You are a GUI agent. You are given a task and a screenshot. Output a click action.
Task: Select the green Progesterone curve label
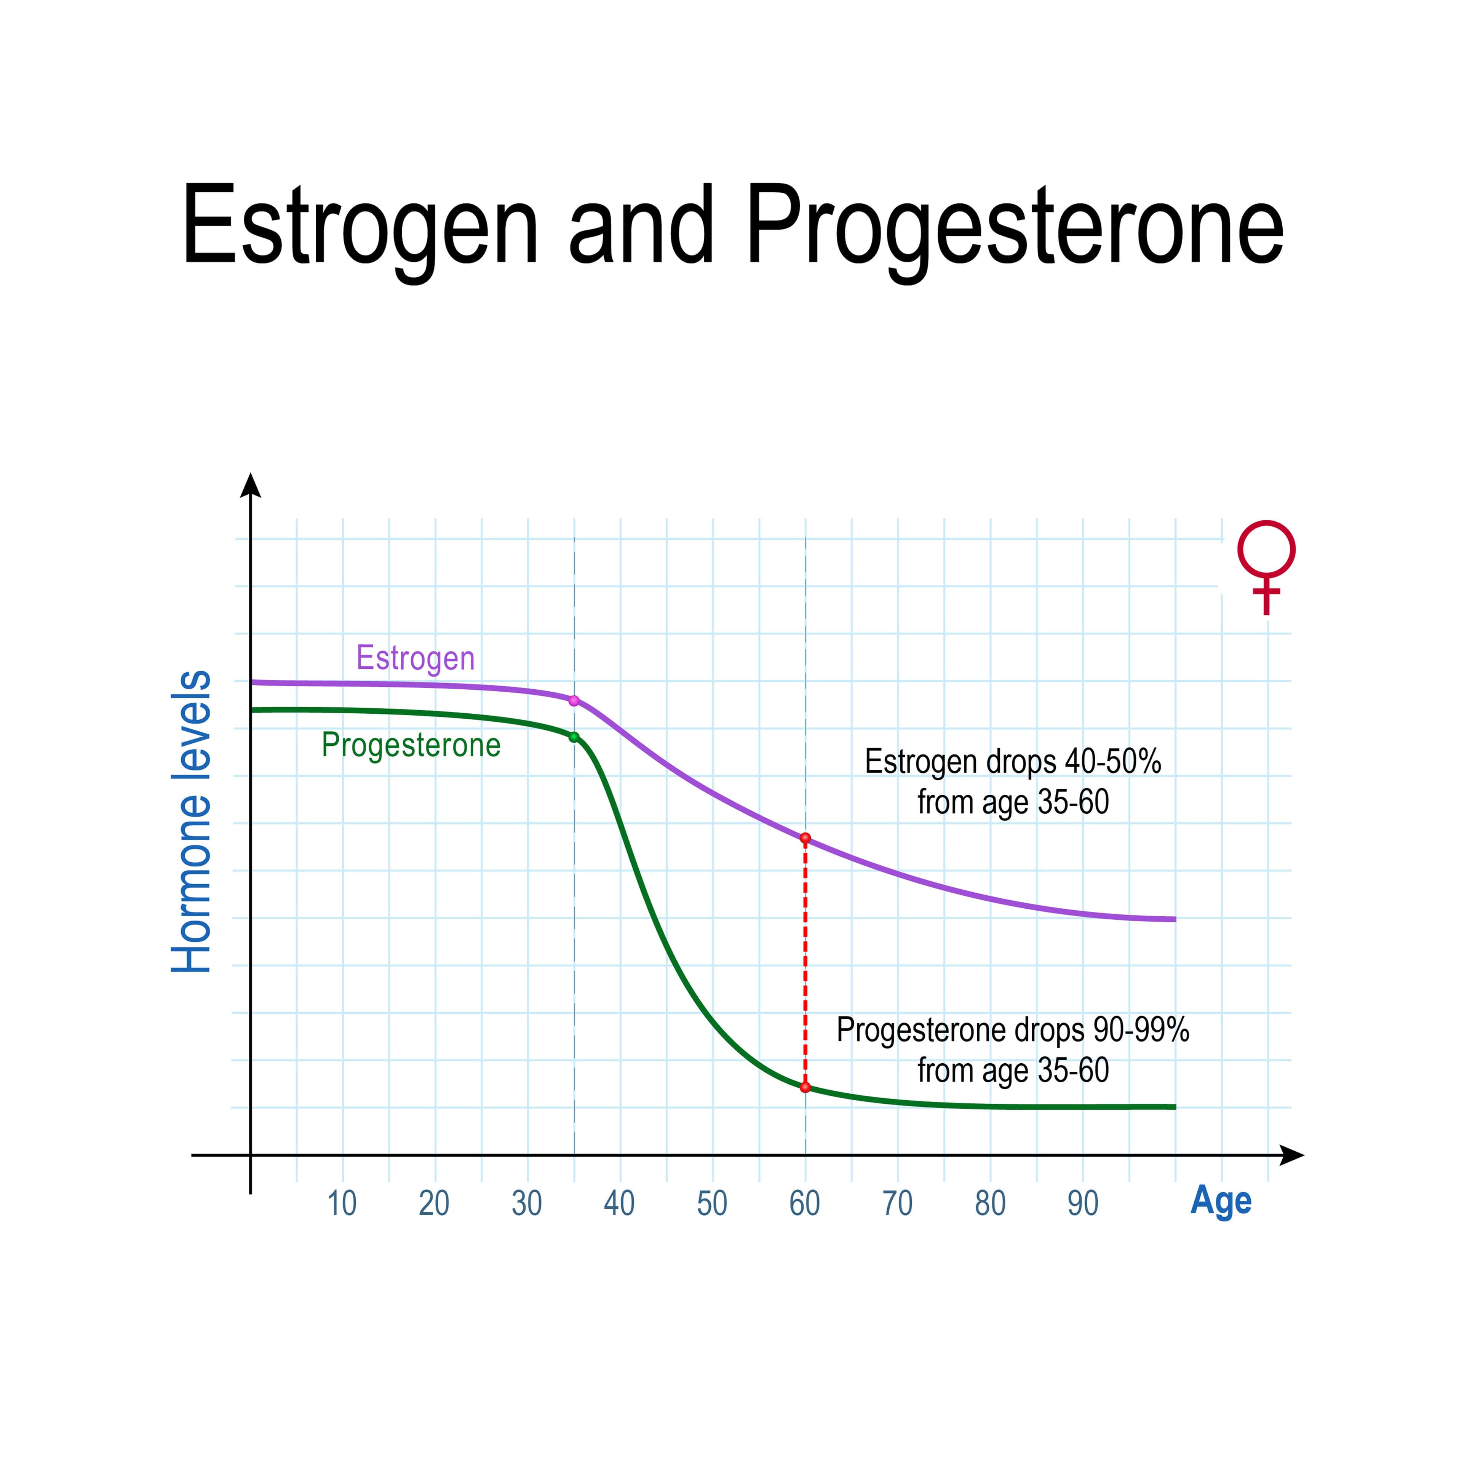pos(411,745)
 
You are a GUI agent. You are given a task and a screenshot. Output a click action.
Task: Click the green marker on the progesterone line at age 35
pos(574,737)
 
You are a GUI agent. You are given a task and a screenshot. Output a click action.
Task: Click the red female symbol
pos(1267,567)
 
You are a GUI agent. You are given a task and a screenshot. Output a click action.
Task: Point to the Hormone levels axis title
pos(191,821)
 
